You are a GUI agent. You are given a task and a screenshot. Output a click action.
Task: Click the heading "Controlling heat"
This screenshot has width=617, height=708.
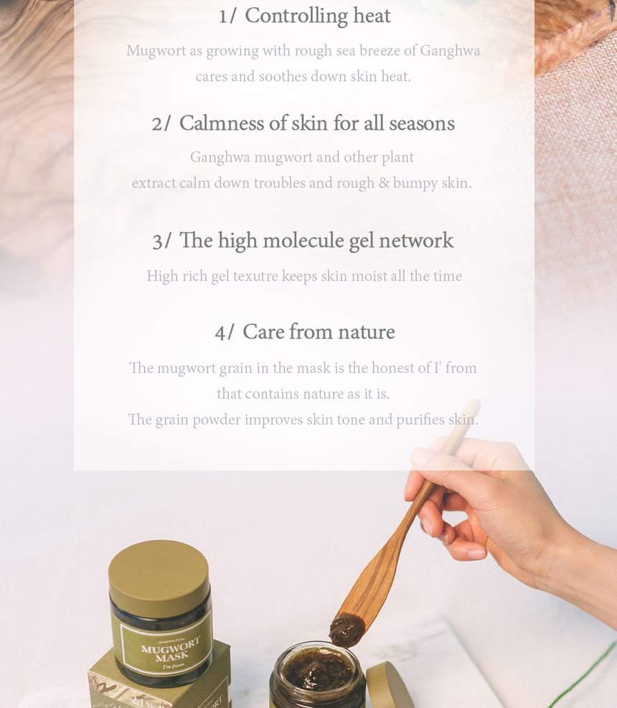click(318, 16)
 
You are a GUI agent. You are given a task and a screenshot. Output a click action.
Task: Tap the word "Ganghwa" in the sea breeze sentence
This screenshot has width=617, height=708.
click(450, 51)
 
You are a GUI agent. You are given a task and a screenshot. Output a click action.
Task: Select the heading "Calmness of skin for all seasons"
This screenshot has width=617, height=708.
click(316, 123)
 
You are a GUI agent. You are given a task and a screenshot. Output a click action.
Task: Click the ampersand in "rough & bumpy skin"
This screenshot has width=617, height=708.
click(384, 183)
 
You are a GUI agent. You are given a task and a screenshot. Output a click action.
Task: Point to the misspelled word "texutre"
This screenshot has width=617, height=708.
click(255, 276)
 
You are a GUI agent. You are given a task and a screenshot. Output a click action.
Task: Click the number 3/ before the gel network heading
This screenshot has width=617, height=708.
click(161, 241)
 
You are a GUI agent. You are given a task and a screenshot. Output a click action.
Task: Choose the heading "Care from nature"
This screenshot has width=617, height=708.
click(319, 332)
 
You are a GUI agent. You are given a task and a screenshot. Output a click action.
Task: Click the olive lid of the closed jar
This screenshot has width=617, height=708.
click(159, 577)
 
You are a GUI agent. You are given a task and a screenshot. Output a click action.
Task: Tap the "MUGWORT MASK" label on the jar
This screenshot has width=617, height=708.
click(171, 649)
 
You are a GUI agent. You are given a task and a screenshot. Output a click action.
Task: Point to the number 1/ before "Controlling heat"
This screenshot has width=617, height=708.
click(227, 17)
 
